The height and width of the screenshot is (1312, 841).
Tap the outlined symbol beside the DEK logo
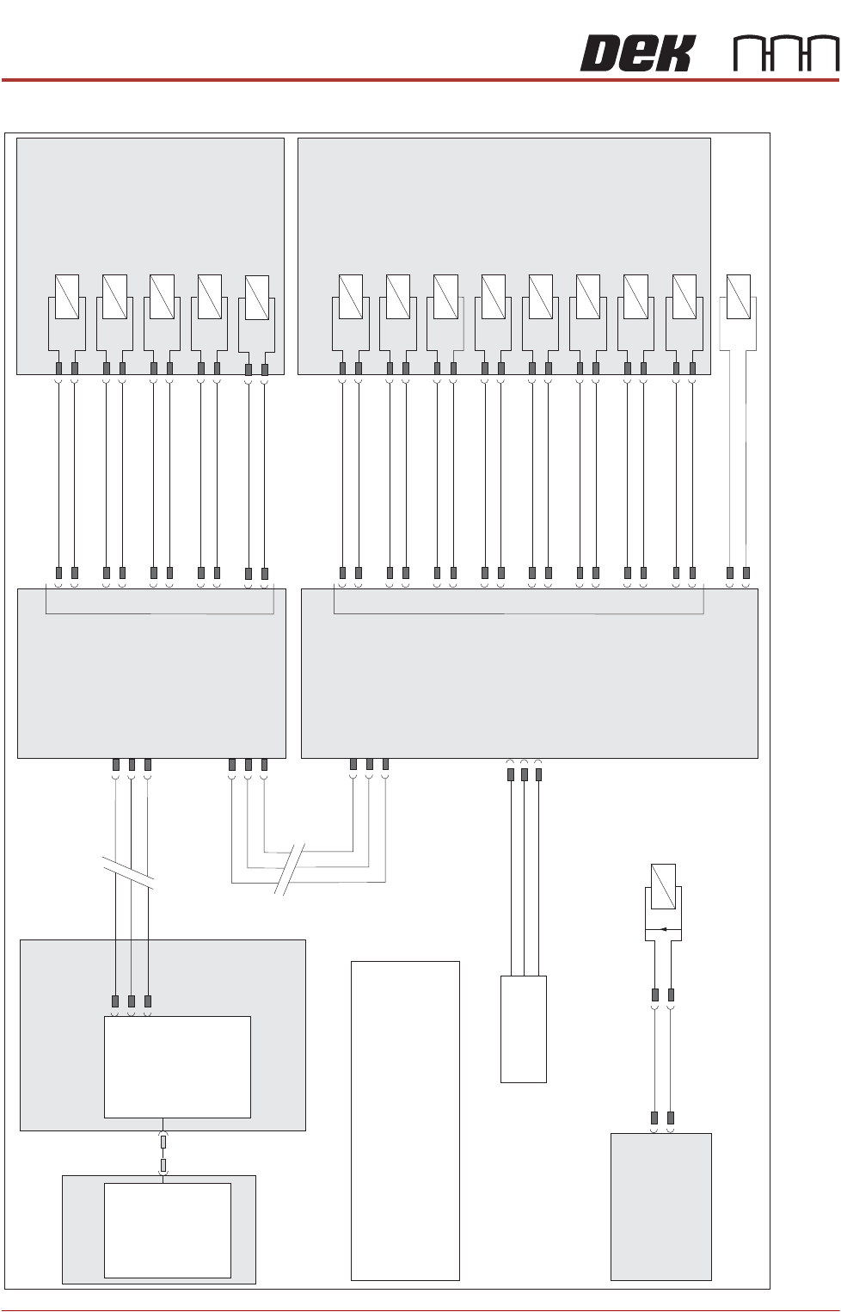[x=786, y=54]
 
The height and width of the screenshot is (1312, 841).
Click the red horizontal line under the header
[x=420, y=80]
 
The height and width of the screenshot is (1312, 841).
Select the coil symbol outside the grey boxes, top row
[x=738, y=297]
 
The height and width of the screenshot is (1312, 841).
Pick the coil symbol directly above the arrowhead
[x=663, y=886]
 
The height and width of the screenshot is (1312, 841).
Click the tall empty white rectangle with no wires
[x=405, y=1120]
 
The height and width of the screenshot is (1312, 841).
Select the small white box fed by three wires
[x=524, y=1029]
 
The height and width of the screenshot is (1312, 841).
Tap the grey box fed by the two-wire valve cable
[x=660, y=1206]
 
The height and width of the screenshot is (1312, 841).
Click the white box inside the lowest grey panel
[x=167, y=1230]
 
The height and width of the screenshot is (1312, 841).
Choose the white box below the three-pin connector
[x=177, y=1067]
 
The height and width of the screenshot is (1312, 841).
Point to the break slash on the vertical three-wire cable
[x=128, y=872]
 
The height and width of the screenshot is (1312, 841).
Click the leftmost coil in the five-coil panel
[x=67, y=297]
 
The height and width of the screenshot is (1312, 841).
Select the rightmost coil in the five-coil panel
[x=256, y=298]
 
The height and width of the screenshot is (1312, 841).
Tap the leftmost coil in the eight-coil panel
[x=350, y=297]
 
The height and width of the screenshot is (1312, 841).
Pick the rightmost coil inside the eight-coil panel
[x=684, y=297]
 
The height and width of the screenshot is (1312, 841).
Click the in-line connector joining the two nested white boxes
[x=163, y=1153]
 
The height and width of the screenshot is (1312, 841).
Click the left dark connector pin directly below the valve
[x=654, y=995]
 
